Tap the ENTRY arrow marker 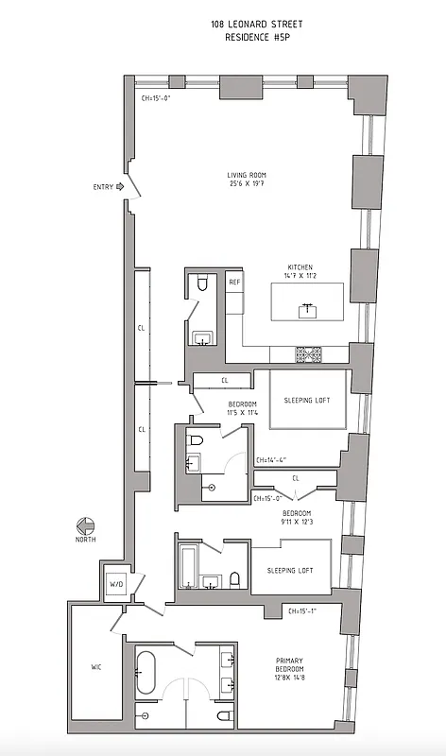click(x=120, y=187)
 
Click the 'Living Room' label click(x=249, y=175)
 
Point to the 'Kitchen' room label click(x=300, y=267)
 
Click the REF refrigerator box click(x=233, y=283)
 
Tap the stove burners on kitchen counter click(x=308, y=354)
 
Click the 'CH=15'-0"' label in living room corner click(x=157, y=97)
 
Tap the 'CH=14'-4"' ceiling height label click(x=271, y=461)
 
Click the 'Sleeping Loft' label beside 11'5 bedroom click(x=307, y=400)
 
